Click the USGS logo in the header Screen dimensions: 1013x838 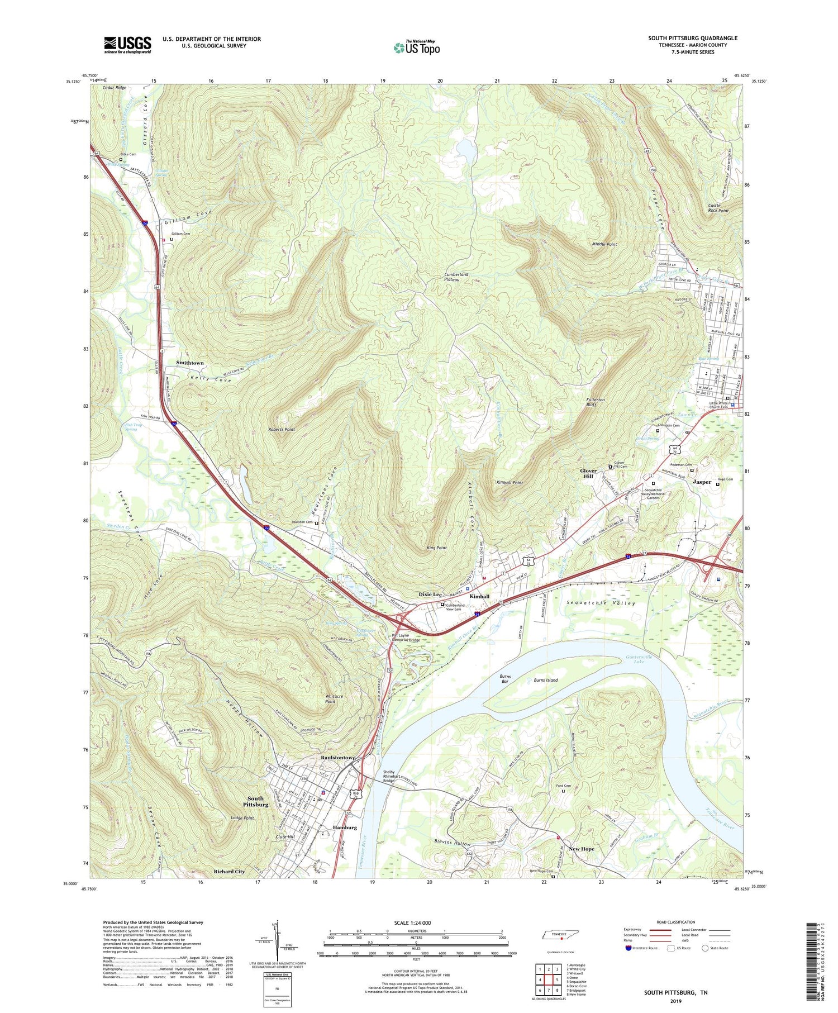(127, 45)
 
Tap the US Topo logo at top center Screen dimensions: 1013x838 (417, 47)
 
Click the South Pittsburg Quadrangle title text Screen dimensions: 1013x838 (692, 38)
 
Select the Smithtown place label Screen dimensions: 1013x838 (190, 363)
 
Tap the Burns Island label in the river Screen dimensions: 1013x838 (545, 681)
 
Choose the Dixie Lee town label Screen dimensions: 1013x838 (430, 595)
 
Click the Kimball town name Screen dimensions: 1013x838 (479, 597)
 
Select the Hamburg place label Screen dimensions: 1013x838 (344, 827)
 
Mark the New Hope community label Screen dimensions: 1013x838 (581, 849)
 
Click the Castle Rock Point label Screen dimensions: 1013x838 (718, 208)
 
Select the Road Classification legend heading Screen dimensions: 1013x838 (676, 922)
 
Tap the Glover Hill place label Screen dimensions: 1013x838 (588, 474)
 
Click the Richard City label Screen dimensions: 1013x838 (229, 872)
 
